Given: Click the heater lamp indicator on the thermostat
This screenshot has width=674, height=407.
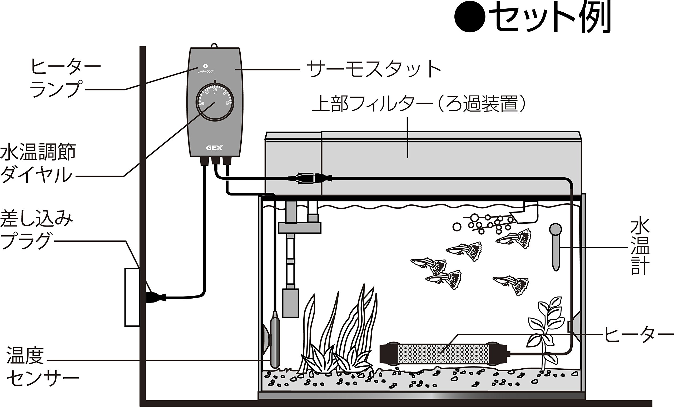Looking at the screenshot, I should [x=205, y=66].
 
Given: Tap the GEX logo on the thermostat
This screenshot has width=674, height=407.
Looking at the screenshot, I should [x=215, y=148].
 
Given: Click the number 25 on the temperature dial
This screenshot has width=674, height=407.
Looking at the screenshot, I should [x=215, y=90].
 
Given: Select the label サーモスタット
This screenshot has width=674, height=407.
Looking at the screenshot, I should [x=373, y=69].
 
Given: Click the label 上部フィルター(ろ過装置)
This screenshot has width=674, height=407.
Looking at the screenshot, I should [x=419, y=104].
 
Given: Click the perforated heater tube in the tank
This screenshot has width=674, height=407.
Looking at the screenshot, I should [x=443, y=354].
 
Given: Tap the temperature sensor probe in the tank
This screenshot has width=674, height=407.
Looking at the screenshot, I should [x=275, y=339].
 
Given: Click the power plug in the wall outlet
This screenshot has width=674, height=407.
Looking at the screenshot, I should [x=156, y=297].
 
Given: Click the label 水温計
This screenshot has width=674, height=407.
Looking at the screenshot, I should [x=640, y=247].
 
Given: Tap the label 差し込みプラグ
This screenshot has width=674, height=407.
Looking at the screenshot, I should [x=36, y=230].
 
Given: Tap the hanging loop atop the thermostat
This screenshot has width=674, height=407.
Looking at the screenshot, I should [x=214, y=45].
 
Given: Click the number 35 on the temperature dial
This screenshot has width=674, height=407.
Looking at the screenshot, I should [x=227, y=103].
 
